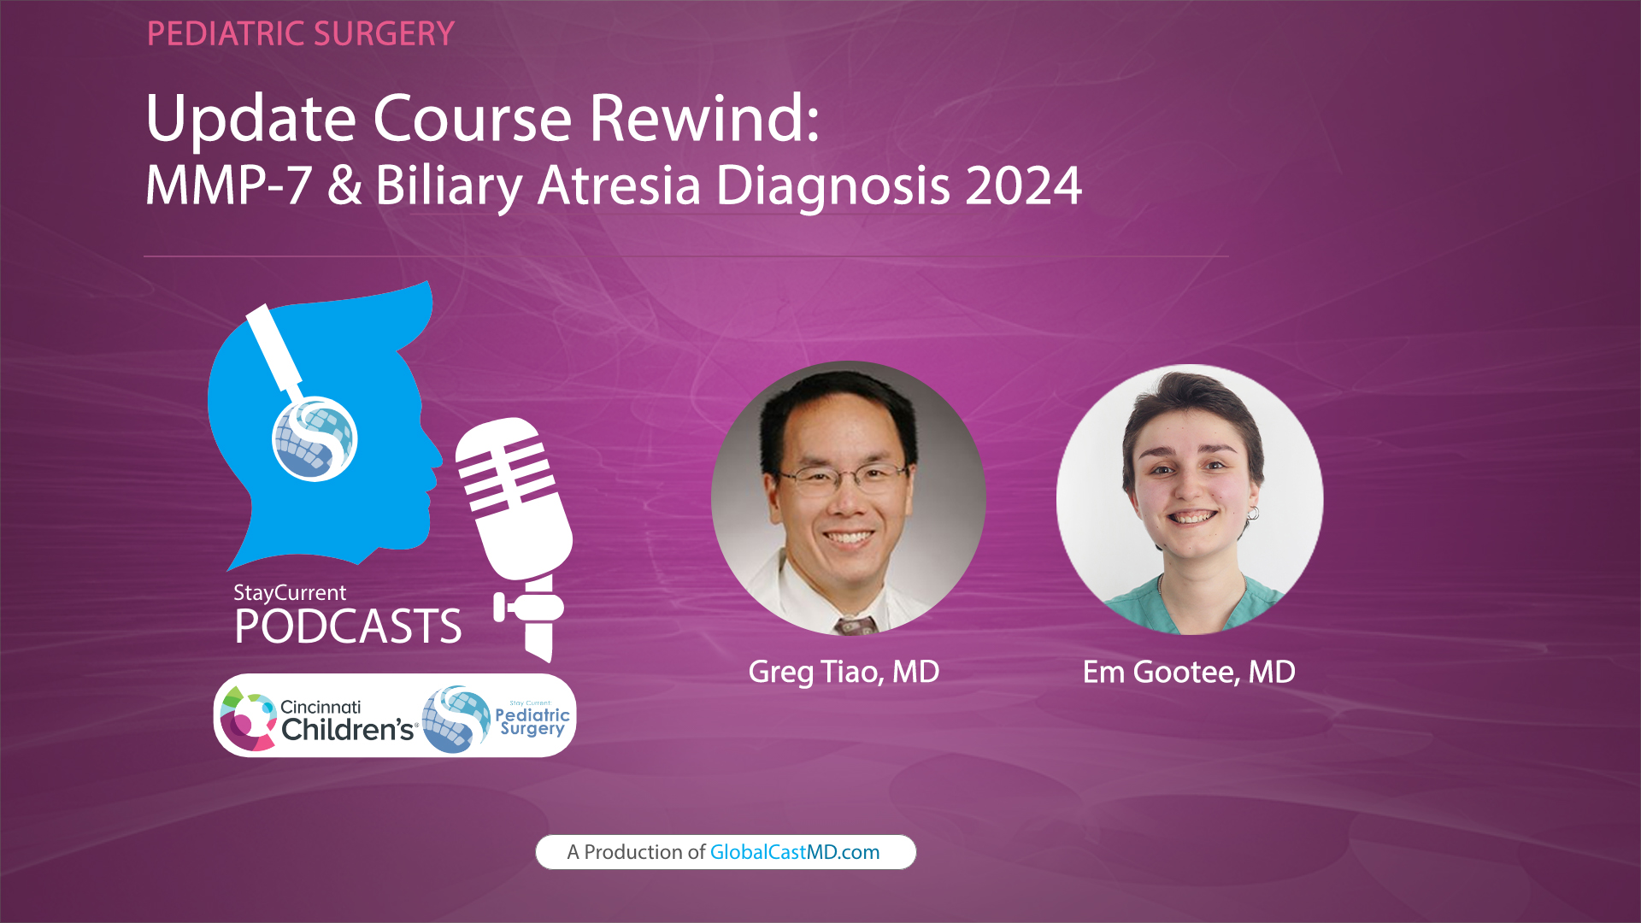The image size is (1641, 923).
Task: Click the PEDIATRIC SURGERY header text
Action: click(300, 34)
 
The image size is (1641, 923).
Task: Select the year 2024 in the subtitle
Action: click(1023, 185)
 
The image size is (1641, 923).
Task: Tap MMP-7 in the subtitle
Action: click(228, 185)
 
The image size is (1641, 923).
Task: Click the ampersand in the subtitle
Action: click(344, 185)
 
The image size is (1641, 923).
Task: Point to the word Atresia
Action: click(619, 185)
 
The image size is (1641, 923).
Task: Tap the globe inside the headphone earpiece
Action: click(314, 439)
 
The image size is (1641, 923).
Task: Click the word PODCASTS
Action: click(348, 626)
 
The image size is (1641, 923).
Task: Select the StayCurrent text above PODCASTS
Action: click(290, 592)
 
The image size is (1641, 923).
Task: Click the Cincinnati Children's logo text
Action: click(346, 720)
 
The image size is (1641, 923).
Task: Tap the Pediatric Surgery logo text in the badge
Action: click(532, 720)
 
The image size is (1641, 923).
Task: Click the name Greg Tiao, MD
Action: click(844, 672)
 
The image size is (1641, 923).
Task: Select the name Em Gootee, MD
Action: click(1189, 672)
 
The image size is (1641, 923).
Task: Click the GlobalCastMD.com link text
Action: click(794, 852)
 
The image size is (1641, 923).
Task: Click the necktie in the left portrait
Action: click(856, 625)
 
